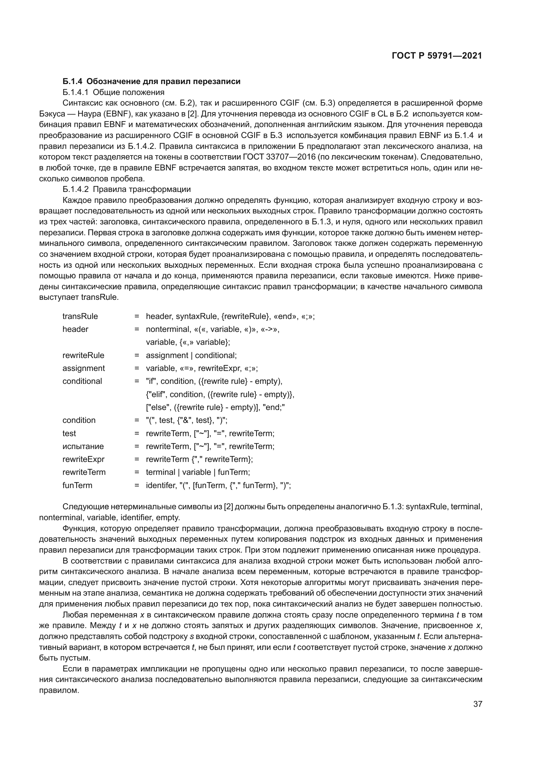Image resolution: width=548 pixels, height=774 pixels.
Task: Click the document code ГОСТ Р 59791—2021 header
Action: (437, 56)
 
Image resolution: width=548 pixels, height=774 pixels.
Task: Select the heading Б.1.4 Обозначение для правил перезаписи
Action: (151, 81)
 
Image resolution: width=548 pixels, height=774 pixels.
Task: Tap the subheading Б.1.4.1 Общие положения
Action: (113, 92)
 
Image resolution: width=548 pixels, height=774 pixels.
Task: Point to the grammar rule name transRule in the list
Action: (80, 316)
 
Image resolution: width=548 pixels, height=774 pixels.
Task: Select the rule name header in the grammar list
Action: (75, 329)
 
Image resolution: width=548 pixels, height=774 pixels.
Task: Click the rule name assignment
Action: (83, 368)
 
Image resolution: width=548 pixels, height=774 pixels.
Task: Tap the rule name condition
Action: (79, 420)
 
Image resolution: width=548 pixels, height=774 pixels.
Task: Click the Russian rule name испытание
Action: (83, 446)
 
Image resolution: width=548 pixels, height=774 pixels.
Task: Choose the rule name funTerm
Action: (77, 485)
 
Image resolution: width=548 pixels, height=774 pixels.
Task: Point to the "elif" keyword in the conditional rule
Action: (157, 394)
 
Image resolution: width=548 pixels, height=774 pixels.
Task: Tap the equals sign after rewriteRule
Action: (137, 355)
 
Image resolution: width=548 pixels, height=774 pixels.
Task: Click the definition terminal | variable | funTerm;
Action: (198, 472)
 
